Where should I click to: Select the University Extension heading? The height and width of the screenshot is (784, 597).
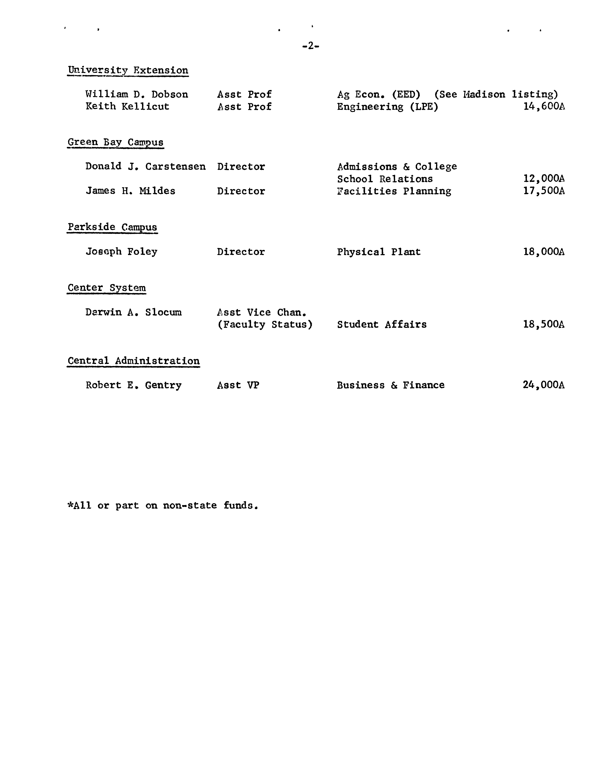point(128,70)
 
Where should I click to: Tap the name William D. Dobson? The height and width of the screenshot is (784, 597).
point(137,95)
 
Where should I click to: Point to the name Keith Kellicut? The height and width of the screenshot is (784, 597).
point(127,107)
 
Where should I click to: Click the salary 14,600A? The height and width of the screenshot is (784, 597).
point(544,107)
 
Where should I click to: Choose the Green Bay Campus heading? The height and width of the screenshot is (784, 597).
point(116,143)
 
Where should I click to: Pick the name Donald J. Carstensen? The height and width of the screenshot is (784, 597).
point(145,167)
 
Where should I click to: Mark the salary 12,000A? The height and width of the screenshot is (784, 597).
point(544,179)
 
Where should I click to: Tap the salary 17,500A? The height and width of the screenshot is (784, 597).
point(544,191)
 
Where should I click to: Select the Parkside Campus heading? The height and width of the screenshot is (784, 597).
point(112,227)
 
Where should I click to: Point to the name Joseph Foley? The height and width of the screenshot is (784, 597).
point(122,252)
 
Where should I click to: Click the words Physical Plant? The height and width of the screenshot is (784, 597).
point(378,252)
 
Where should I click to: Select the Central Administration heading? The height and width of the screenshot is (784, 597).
point(134,361)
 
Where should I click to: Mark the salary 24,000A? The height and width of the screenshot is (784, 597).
point(544,385)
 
